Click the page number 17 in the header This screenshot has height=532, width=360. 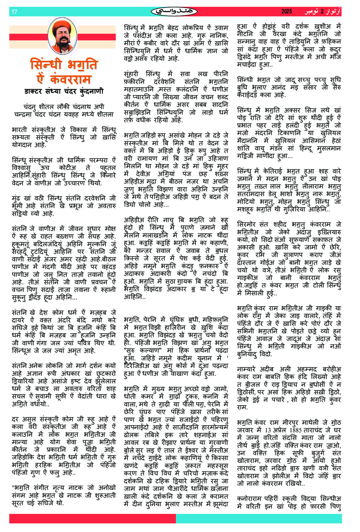[14, 12]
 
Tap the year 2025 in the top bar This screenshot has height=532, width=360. [286, 12]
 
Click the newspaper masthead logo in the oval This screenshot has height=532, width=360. [174, 12]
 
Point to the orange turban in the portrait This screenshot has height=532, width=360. [62, 26]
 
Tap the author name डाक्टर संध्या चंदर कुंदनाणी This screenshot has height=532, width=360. [64, 91]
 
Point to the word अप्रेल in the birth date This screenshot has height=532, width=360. [280, 430]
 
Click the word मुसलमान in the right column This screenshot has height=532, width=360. [328, 148]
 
